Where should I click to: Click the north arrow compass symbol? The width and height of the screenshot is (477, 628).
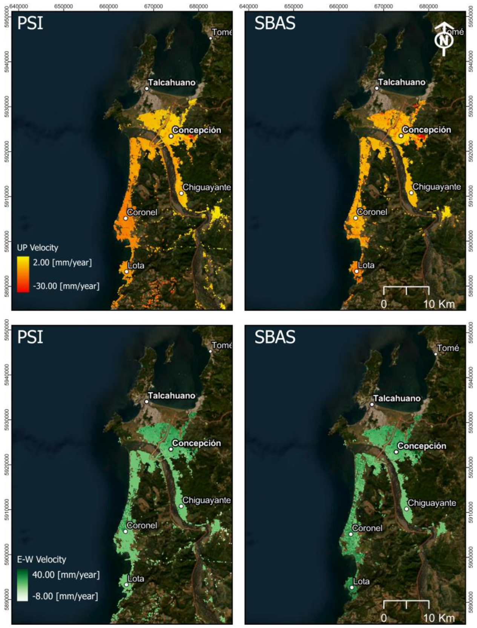[444, 39]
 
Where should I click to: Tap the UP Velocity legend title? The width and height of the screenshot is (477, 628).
[38, 248]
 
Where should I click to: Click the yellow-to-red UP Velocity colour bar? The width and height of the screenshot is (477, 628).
[23, 274]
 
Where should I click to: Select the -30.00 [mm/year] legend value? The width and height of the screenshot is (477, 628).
[66, 286]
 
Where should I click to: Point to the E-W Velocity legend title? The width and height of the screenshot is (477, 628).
[41, 559]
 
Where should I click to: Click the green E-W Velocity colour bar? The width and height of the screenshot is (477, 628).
[23, 585]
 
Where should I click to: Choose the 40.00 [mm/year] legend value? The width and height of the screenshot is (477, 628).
[66, 575]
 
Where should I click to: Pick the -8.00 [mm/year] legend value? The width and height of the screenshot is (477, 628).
[65, 596]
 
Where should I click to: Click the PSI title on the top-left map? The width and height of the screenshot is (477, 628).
[30, 23]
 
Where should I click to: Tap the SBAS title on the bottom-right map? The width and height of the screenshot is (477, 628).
[275, 337]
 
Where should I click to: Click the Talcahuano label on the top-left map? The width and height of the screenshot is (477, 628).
[172, 83]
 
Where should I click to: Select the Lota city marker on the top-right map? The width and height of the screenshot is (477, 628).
[356, 271]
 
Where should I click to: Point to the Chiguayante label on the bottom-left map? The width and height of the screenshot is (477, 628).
[207, 500]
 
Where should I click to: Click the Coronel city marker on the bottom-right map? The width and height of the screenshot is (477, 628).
[351, 534]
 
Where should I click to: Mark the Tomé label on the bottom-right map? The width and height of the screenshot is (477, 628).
[448, 348]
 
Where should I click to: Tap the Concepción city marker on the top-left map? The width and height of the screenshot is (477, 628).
[171, 136]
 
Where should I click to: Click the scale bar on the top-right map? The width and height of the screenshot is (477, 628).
[406, 290]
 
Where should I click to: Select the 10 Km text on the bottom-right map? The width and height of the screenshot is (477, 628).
[439, 617]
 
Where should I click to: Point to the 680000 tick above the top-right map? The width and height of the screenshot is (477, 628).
[428, 6]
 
